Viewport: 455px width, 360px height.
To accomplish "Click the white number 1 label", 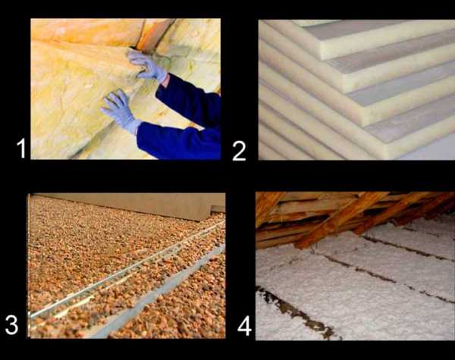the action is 21,148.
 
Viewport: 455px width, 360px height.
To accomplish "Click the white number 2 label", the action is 239,151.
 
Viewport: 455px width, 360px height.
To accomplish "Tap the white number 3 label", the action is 11,325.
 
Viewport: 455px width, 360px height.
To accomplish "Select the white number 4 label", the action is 244,326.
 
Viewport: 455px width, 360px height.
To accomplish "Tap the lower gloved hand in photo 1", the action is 121,111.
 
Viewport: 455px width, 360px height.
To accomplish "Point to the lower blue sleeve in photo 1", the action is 178,141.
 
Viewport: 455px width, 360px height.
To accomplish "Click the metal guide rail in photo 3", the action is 127,270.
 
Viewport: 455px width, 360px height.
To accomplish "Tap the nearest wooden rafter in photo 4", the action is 340,221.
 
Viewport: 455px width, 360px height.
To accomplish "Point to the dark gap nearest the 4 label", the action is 299,313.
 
